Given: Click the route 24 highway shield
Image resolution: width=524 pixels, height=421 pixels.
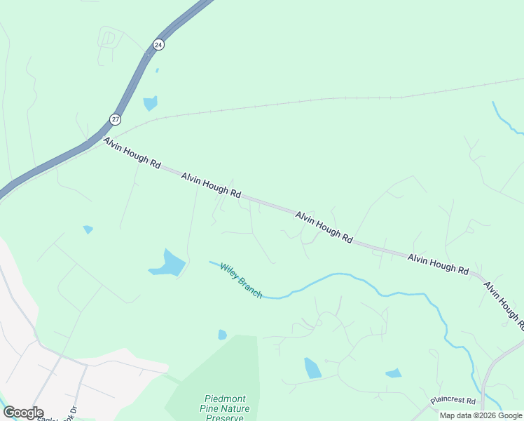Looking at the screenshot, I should pyautogui.click(x=158, y=44).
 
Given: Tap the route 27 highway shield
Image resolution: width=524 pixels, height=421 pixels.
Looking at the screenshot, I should pyautogui.click(x=116, y=119).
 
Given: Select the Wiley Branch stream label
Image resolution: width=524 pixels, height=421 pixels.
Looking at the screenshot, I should pyautogui.click(x=241, y=281).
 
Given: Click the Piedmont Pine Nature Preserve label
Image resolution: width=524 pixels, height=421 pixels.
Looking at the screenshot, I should pyautogui.click(x=224, y=408).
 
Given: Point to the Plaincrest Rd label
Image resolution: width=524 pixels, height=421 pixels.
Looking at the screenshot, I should pyautogui.click(x=453, y=401).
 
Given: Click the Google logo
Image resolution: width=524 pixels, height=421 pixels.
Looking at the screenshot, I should pyautogui.click(x=23, y=413).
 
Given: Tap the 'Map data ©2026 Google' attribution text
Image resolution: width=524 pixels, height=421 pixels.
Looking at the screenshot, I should pyautogui.click(x=481, y=415).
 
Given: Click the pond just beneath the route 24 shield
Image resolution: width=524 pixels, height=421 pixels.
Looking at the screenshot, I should pyautogui.click(x=150, y=104).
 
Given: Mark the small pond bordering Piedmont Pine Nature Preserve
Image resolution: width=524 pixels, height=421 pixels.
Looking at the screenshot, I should pyautogui.click(x=222, y=335).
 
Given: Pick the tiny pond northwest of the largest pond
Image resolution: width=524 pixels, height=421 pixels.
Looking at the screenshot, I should pyautogui.click(x=88, y=229).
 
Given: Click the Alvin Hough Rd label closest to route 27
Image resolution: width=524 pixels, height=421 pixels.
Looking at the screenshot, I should pyautogui.click(x=132, y=153).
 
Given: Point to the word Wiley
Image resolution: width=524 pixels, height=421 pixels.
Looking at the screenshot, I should pyautogui.click(x=230, y=273).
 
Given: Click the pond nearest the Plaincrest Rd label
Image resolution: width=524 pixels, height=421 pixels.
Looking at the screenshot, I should pyautogui.click(x=393, y=373).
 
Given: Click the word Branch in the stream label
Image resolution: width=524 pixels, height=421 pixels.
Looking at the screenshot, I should pyautogui.click(x=250, y=288).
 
